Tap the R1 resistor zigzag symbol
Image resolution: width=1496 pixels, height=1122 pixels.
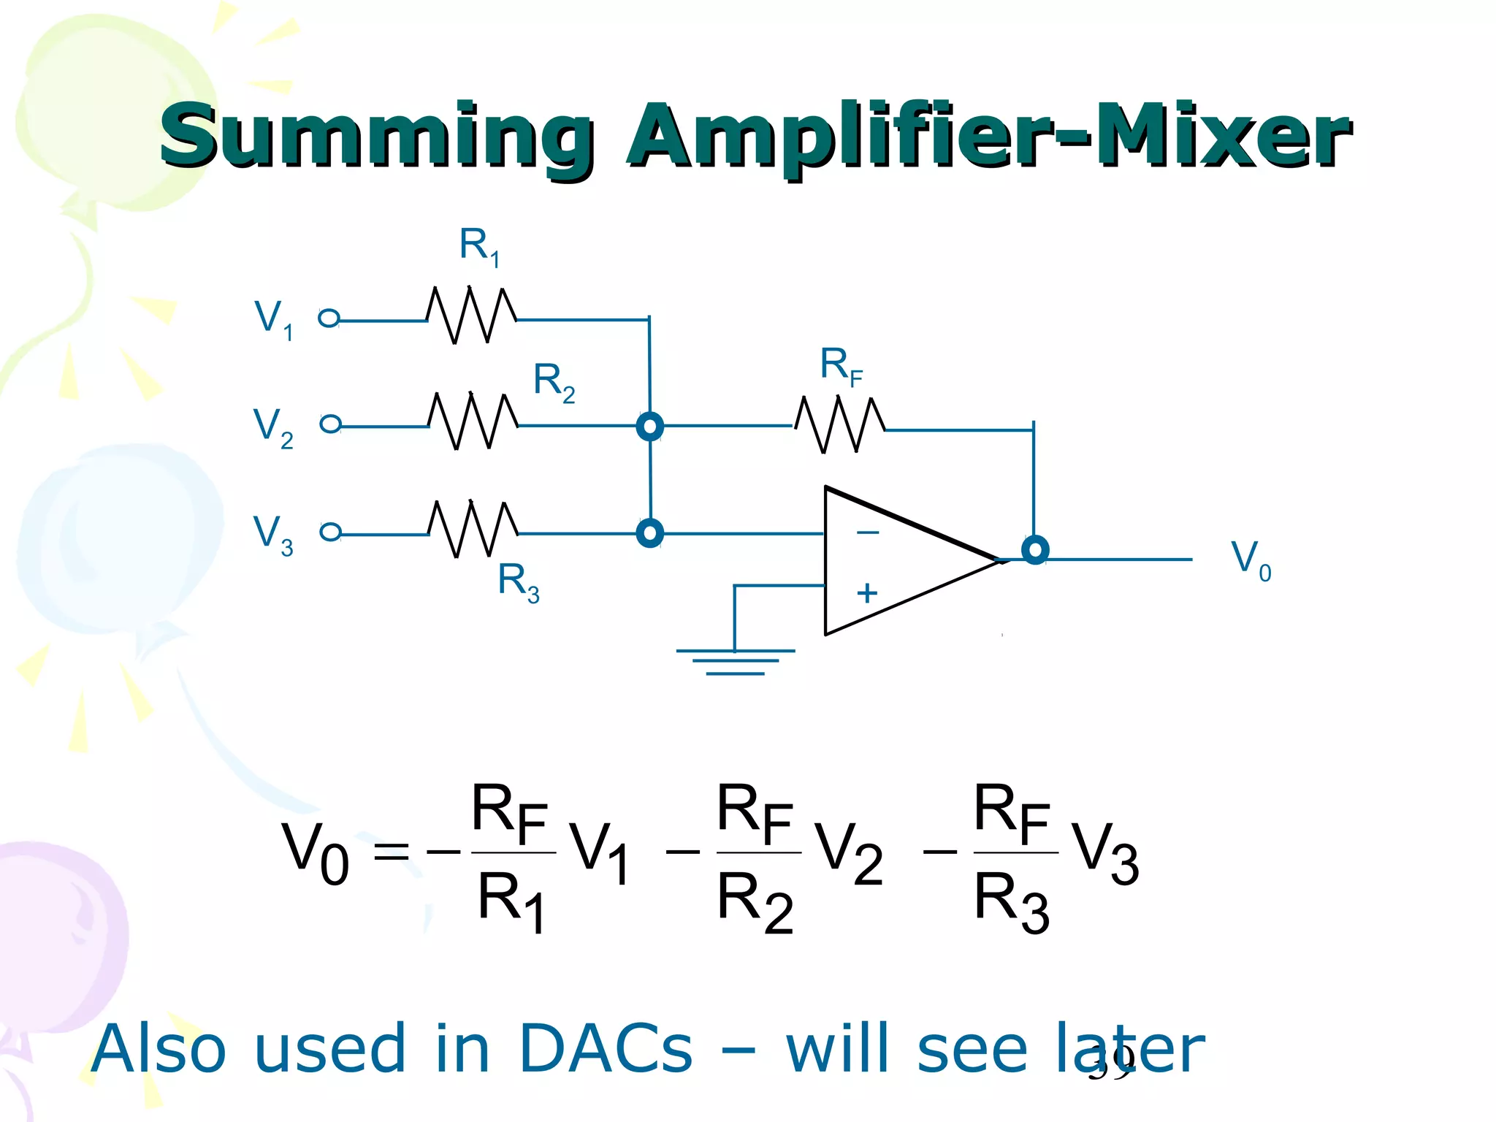point(472,316)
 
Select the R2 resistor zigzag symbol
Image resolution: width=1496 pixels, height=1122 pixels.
point(473,421)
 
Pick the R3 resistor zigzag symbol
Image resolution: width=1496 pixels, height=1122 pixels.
point(473,530)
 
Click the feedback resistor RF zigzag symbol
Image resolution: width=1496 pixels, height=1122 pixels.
point(840,425)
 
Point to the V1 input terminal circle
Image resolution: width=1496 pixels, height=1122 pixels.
point(329,318)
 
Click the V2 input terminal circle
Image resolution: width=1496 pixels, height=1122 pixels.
point(331,424)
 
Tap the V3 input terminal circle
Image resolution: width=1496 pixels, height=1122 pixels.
point(331,532)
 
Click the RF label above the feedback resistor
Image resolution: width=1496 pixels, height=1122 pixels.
point(841,365)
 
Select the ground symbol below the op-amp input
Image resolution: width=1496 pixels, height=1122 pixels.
point(735,661)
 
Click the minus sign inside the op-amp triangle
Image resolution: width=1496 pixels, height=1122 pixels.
point(868,533)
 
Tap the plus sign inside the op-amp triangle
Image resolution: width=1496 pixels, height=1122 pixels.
point(867,592)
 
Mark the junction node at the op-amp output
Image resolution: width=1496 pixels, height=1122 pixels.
point(1035,549)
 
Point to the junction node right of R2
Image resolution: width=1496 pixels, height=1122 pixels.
point(649,426)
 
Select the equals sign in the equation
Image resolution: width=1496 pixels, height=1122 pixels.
point(391,851)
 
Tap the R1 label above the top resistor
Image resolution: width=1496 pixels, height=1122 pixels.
point(479,246)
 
